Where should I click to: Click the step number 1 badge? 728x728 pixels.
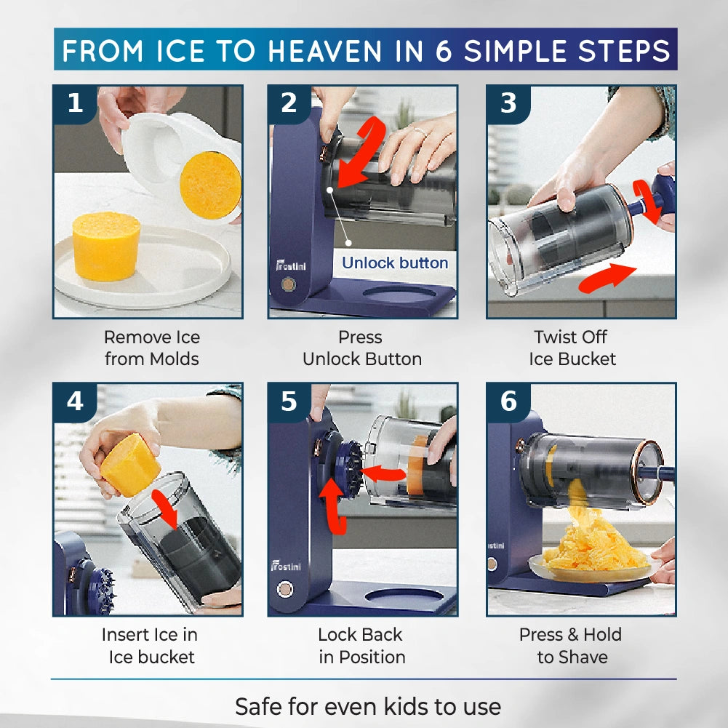[75, 103]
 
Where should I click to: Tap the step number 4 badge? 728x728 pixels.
[75, 401]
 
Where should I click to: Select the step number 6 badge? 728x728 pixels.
[508, 401]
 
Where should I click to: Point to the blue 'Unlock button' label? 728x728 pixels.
[395, 263]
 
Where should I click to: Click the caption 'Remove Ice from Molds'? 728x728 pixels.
[151, 348]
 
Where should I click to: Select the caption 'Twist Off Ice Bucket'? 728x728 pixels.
[572, 348]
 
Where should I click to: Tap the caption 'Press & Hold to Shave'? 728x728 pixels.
[570, 645]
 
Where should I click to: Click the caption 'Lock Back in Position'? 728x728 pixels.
[361, 645]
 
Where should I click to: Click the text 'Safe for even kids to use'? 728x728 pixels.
[367, 705]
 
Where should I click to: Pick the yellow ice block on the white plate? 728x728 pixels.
[106, 245]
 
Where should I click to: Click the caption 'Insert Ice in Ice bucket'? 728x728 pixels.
[150, 645]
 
